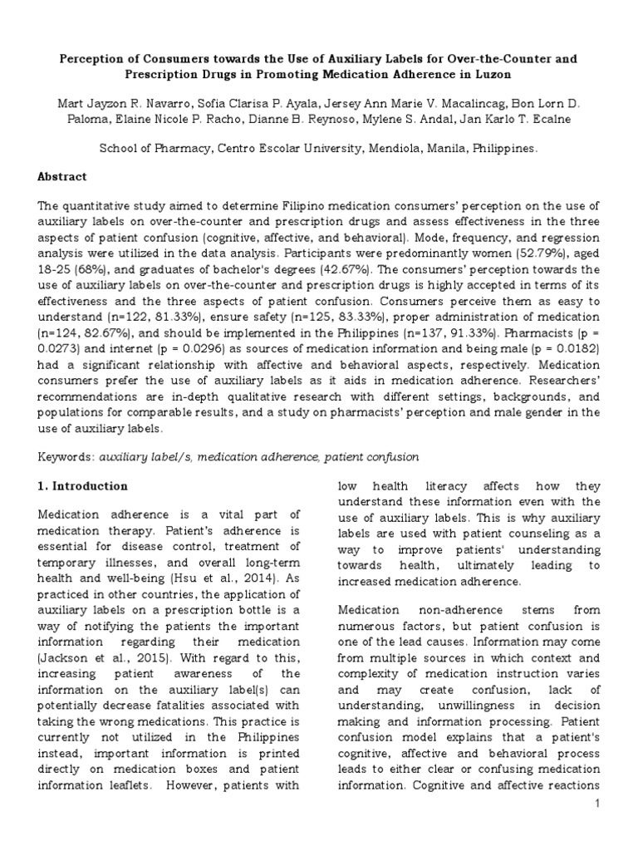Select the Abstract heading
pyautogui.click(x=61, y=177)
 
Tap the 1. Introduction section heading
pyautogui.click(x=83, y=486)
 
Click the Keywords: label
pyautogui.click(x=66, y=457)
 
